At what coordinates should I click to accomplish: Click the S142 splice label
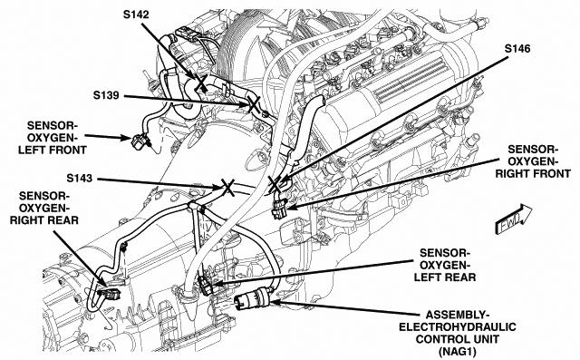pos(136,15)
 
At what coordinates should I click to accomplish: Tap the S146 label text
pos(517,49)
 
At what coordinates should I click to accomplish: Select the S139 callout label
pos(106,95)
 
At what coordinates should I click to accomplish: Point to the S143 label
pos(79,179)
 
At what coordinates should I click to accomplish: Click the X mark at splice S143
pos(227,187)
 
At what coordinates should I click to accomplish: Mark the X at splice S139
pos(254,104)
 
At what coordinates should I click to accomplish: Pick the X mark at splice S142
pos(201,83)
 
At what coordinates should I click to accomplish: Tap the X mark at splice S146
pos(275,184)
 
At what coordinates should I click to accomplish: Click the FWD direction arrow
pos(514,219)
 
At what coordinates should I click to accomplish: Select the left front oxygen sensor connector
pos(140,142)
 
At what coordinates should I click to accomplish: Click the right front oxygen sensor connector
pos(279,209)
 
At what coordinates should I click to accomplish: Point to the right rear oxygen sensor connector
pos(110,294)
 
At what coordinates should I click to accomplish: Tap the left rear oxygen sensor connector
pos(206,285)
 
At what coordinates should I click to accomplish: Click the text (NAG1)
pos(457,351)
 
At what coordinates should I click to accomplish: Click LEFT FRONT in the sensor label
pos(53,150)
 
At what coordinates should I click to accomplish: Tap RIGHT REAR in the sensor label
pos(44,220)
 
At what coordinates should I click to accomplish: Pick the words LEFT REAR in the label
pos(445,277)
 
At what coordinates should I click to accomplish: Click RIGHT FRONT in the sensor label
pos(533,173)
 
